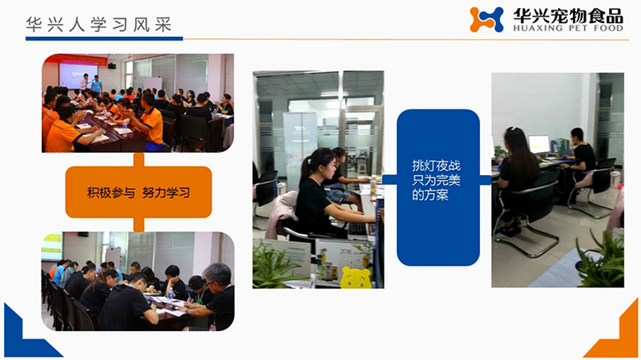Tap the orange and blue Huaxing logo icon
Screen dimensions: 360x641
pos(487,20)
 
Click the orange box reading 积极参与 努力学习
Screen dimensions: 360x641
pos(138,192)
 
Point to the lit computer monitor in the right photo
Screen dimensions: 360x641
pos(539,145)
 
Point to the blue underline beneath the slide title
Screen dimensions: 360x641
pos(99,38)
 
